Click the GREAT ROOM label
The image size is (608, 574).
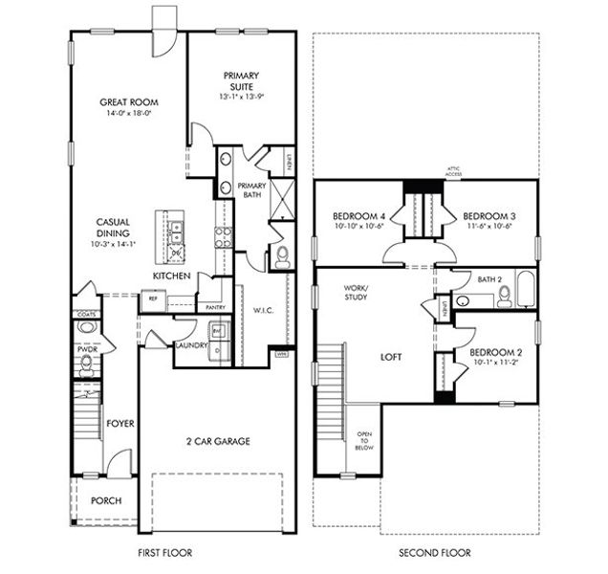coord(129,102)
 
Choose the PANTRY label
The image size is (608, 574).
coord(215,307)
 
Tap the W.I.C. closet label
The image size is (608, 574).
coord(265,309)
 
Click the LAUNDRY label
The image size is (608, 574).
coord(191,347)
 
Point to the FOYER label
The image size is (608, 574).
coord(119,423)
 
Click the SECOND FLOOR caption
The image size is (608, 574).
coord(435,552)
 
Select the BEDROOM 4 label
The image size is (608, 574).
coord(358,215)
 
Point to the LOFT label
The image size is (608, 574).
coord(391,357)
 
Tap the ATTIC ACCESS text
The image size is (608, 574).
coord(426,174)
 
